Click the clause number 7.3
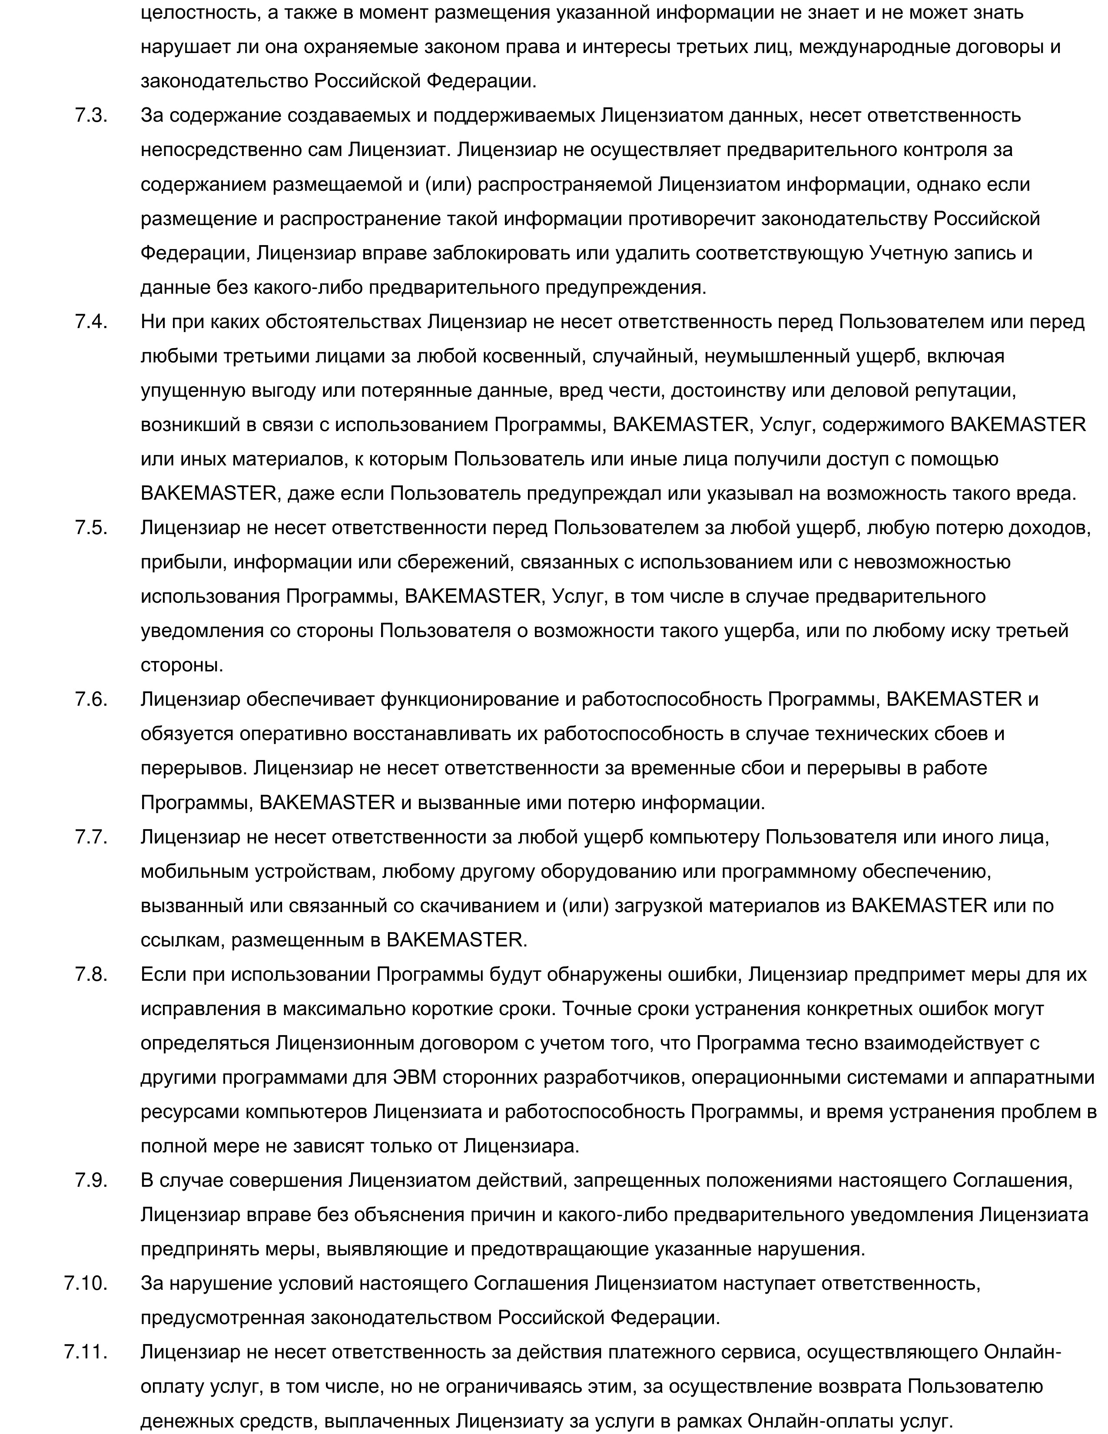[91, 116]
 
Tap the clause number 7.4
[91, 322]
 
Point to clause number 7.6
[91, 699]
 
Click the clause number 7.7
[91, 837]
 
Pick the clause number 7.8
[91, 974]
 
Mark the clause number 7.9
[91, 1180]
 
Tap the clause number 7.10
[86, 1283]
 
